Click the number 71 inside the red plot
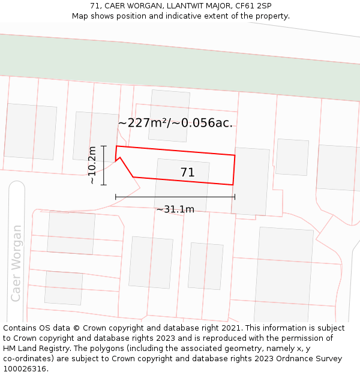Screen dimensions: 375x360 point(187,173)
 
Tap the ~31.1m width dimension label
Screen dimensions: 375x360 point(175,209)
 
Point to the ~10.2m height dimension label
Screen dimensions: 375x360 point(92,166)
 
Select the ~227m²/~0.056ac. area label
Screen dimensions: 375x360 point(175,123)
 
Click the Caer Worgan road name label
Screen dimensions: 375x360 point(16,263)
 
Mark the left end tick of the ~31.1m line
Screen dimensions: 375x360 point(116,197)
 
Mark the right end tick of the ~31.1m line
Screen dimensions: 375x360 point(235,197)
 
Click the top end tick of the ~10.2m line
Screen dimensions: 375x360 point(104,146)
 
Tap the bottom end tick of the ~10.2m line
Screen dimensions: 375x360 point(104,185)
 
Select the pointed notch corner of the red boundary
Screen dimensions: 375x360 point(121,158)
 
